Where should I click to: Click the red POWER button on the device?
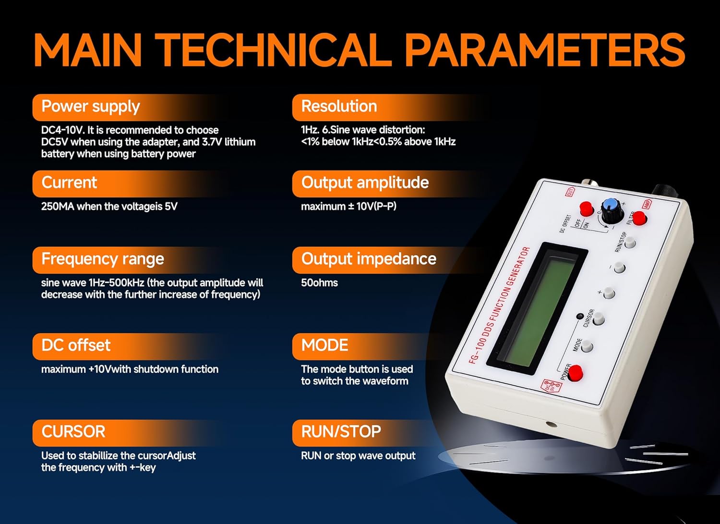click(575, 373)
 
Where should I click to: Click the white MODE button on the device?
click(587, 347)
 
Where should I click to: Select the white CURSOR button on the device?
click(599, 319)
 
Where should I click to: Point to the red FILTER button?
click(639, 219)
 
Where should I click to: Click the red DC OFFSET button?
click(586, 208)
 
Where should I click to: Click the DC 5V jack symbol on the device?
click(552, 386)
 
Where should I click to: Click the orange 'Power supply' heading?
click(91, 107)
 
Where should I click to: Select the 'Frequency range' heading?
click(103, 259)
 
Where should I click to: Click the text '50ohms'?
click(319, 283)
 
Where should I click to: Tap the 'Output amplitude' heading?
click(365, 183)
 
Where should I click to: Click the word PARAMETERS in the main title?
click(545, 50)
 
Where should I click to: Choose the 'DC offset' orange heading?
click(76, 345)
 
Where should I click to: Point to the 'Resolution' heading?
click(339, 107)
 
